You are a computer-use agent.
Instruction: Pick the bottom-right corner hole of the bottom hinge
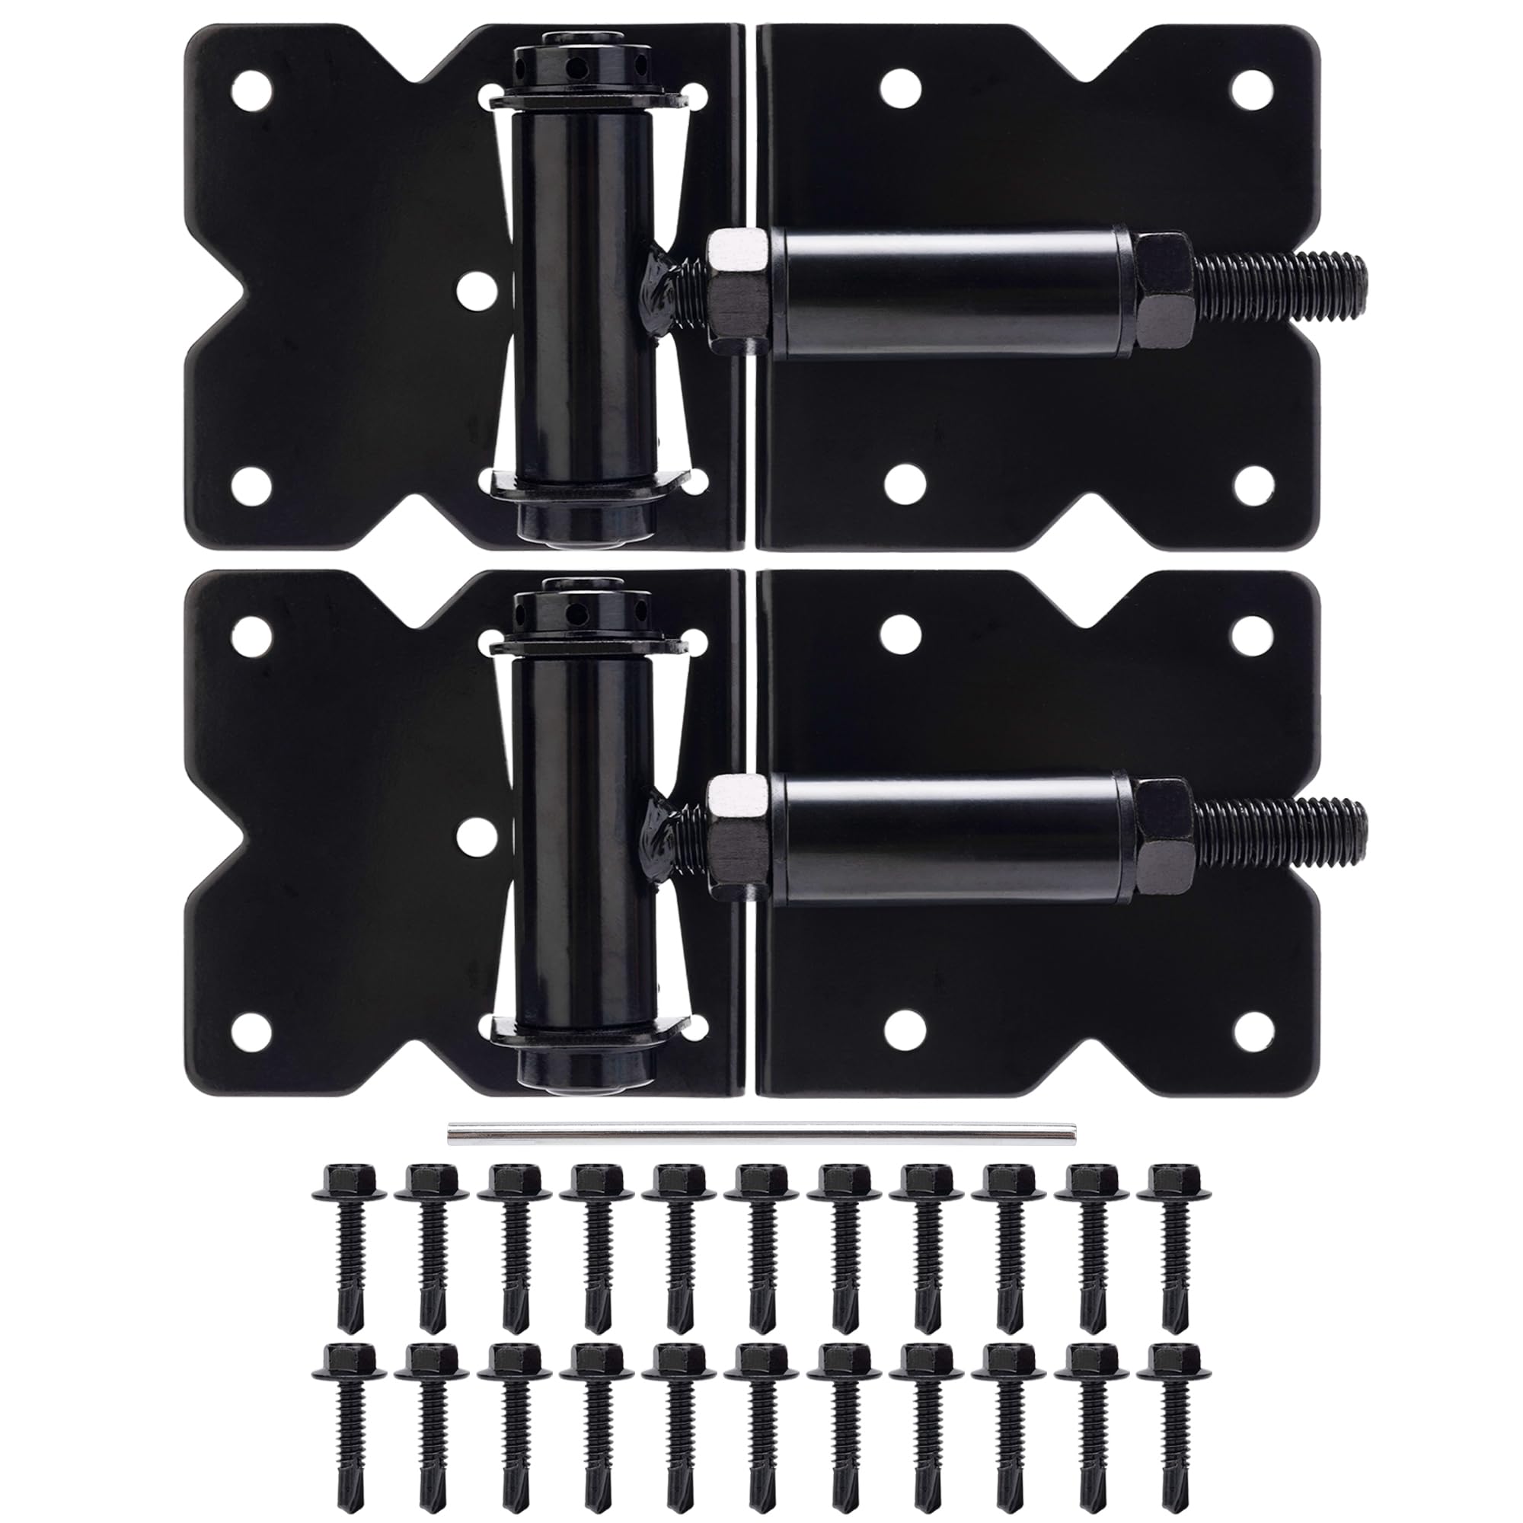coord(1250,1028)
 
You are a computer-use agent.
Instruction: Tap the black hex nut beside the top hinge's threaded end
coord(1162,292)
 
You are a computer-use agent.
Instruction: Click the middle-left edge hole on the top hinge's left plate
coord(472,289)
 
